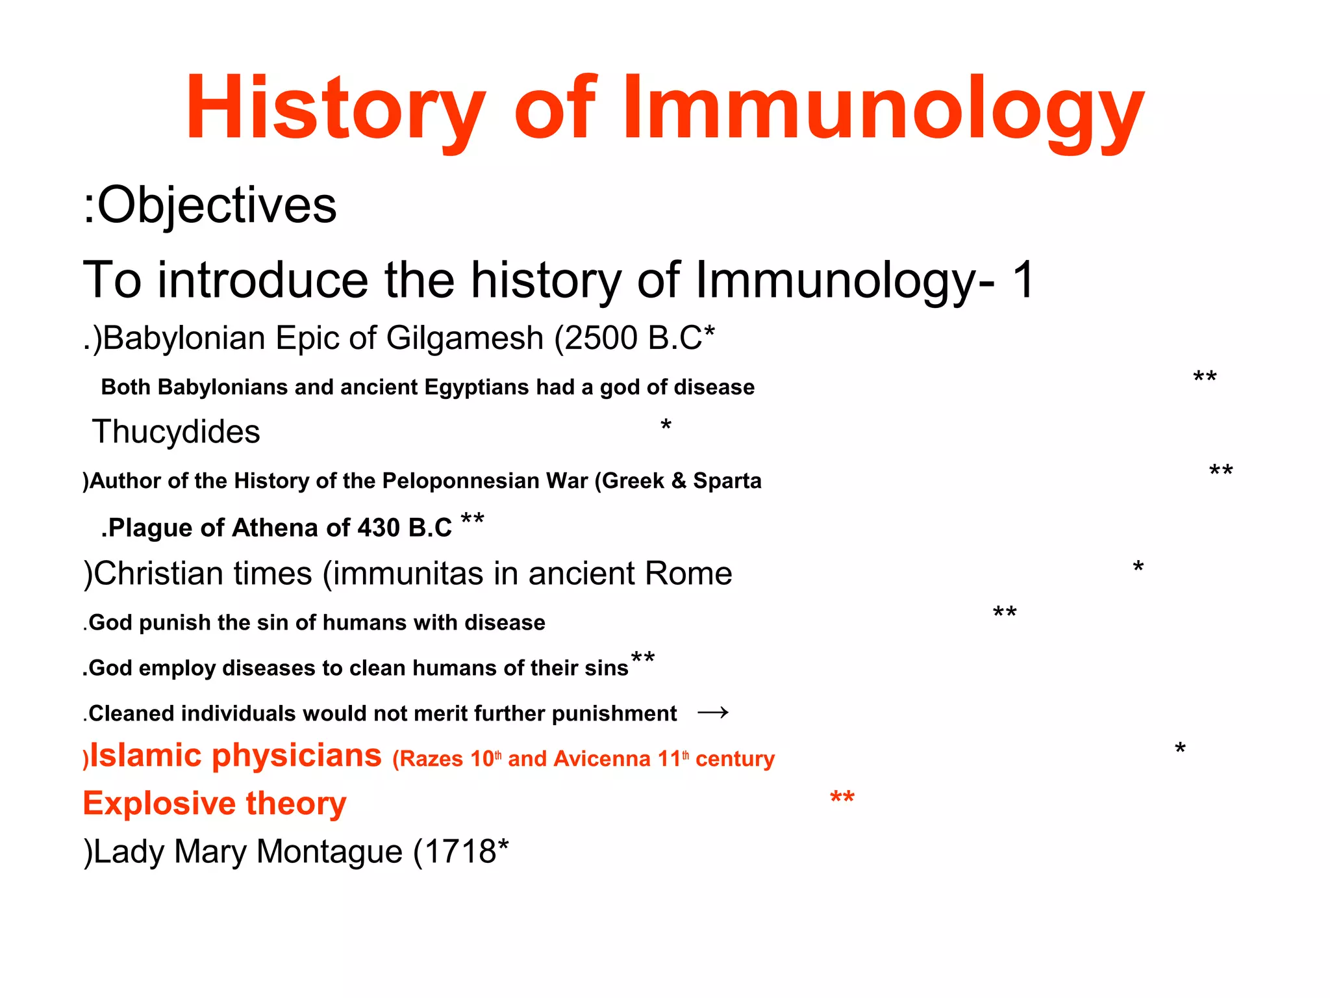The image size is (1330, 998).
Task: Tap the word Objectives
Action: (x=217, y=206)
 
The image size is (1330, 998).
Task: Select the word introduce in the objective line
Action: (x=263, y=281)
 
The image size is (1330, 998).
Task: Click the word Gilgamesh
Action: (x=464, y=339)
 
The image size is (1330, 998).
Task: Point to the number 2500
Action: (x=601, y=339)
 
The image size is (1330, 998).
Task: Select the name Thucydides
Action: (x=176, y=432)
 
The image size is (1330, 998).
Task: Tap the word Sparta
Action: (x=727, y=481)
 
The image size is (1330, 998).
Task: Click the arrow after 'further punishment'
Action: (x=713, y=713)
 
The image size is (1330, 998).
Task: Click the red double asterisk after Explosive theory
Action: (x=842, y=799)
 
